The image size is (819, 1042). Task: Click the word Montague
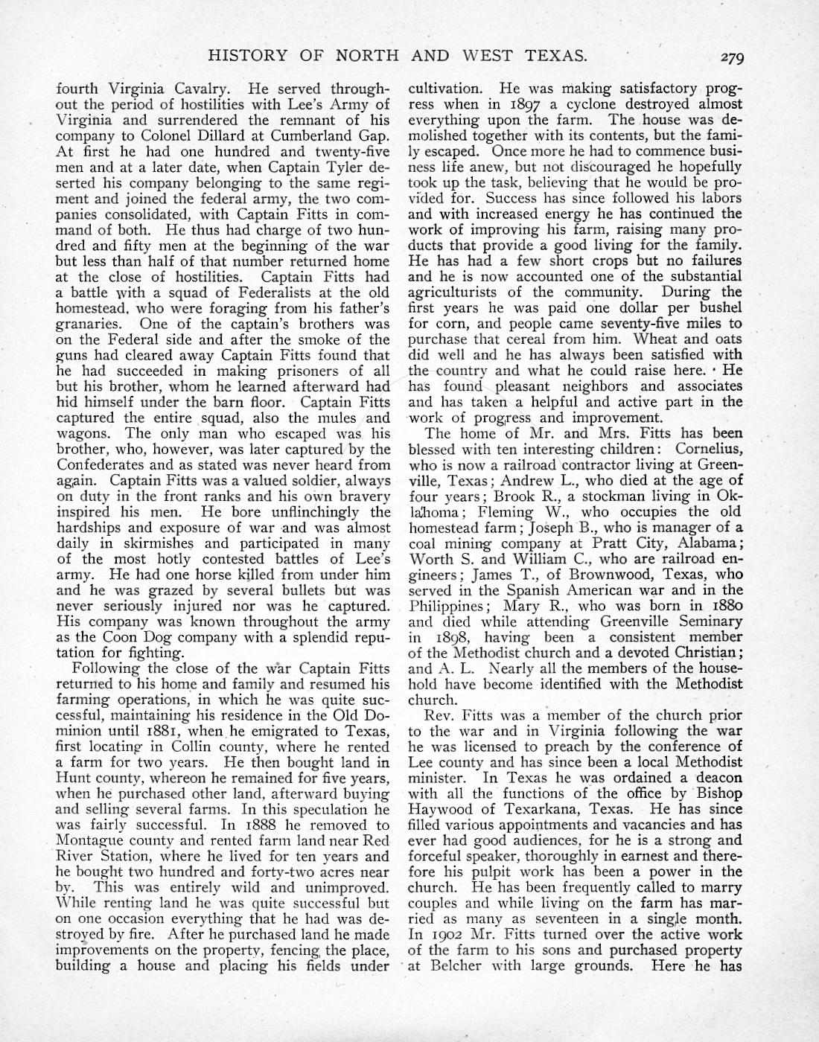pos(89,840)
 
